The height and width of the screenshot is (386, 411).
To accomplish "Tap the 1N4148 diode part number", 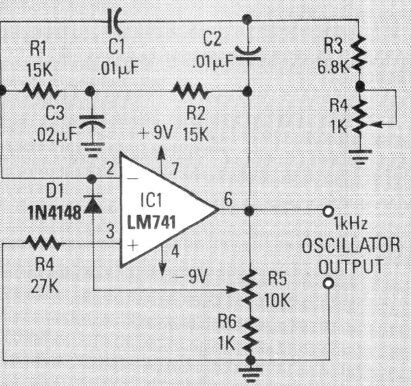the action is [54, 213].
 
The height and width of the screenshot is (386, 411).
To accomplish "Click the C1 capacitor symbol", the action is [115, 21].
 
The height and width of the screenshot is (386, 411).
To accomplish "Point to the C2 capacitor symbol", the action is [247, 54].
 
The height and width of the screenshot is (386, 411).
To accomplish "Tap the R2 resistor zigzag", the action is [191, 90].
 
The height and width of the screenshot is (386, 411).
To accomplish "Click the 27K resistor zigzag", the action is [44, 243].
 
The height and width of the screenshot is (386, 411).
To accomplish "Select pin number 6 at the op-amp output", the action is [228, 199].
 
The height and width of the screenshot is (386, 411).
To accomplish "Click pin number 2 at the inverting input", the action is [110, 168].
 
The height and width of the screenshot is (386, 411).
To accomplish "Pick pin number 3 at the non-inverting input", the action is [111, 232].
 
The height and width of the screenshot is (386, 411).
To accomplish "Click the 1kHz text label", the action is [350, 224].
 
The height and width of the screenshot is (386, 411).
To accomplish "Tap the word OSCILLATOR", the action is [351, 245].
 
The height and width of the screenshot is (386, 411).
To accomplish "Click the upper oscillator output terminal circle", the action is [328, 211].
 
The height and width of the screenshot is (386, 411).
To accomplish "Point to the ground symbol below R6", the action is [250, 373].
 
